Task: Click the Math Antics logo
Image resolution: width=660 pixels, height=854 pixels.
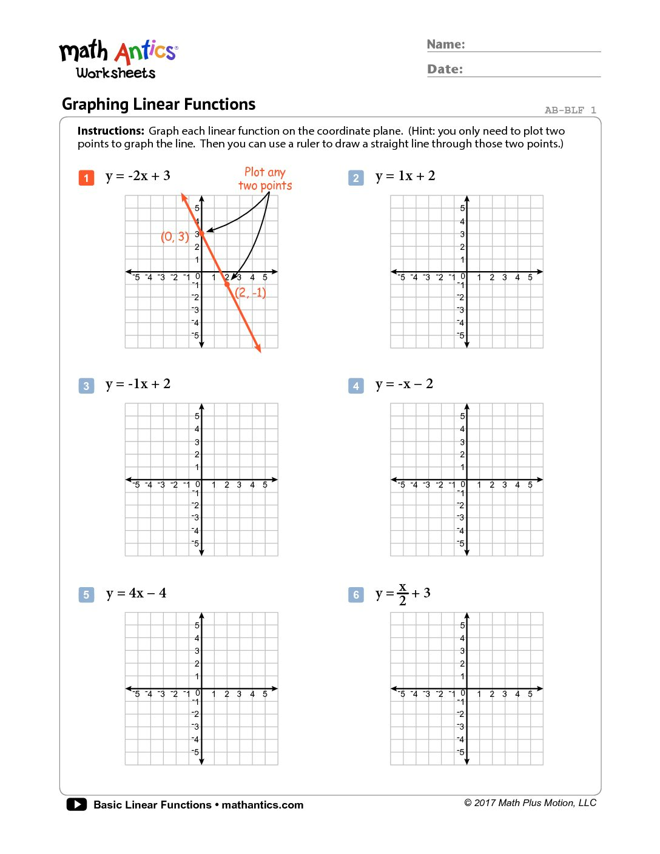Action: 118,59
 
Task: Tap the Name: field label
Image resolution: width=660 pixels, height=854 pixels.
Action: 446,44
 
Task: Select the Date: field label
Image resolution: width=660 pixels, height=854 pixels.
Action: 445,69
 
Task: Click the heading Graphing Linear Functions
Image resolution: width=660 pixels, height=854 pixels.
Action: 158,104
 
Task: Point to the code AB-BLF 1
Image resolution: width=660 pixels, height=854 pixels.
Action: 570,110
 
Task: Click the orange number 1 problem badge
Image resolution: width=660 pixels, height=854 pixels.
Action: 86,178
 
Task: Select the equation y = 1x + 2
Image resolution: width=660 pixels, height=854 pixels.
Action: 405,176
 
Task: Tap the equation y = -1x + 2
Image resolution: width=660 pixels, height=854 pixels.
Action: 138,384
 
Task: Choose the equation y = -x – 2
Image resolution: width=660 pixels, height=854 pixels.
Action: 404,384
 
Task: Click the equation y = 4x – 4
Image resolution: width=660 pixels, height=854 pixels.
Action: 136,593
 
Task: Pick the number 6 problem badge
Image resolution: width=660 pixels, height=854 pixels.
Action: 356,594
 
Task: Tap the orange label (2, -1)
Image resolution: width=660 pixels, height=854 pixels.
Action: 251,292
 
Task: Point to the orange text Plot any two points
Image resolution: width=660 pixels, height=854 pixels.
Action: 265,179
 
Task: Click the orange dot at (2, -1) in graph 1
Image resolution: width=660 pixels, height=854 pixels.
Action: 227,284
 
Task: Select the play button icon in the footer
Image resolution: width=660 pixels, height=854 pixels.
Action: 76,804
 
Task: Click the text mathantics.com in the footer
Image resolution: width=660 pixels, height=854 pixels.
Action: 262,805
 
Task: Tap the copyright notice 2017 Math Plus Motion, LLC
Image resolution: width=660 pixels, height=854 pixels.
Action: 530,803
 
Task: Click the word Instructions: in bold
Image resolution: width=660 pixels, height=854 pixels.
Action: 111,131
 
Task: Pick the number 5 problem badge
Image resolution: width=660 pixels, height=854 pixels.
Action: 86,594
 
